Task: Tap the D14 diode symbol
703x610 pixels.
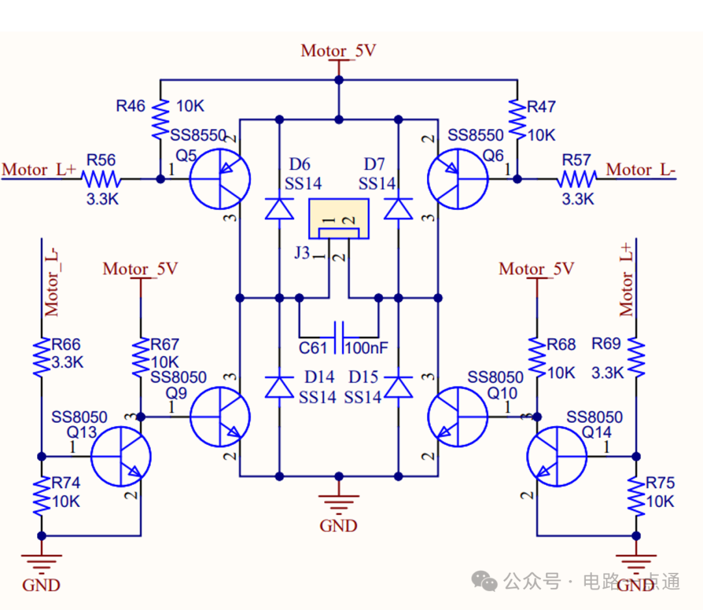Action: pyautogui.click(x=279, y=387)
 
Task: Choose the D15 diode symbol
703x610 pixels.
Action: pyautogui.click(x=398, y=387)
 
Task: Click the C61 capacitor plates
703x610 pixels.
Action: pyautogui.click(x=339, y=337)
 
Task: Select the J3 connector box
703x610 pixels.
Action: pyautogui.click(x=339, y=218)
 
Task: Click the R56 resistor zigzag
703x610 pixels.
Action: pyautogui.click(x=102, y=179)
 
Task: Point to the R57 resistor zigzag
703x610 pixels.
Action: pyautogui.click(x=577, y=179)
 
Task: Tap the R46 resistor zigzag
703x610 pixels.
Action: pyautogui.click(x=160, y=119)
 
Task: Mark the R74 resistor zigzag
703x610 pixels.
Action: pyautogui.click(x=42, y=496)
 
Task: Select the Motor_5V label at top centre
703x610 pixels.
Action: pyautogui.click(x=338, y=51)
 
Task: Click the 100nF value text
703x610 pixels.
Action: pyautogui.click(x=366, y=348)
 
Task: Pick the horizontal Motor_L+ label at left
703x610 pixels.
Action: pyautogui.click(x=40, y=169)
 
